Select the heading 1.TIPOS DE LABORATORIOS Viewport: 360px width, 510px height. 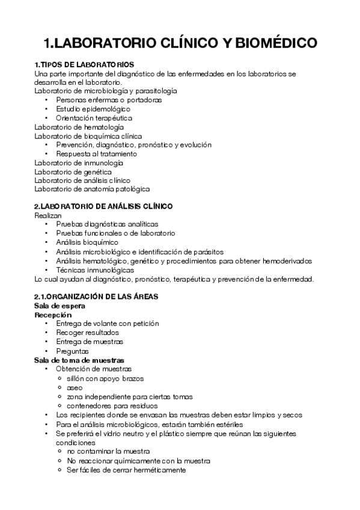tap(84, 64)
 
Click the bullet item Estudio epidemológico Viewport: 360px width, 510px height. tap(93, 109)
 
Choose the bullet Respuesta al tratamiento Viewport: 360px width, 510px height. tap(96, 154)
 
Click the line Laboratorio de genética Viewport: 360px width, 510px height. tap(73, 171)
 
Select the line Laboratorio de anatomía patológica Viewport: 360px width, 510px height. tap(92, 189)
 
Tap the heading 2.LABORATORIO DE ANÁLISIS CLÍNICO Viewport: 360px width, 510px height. tap(103, 206)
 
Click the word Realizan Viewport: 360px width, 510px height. tap(47, 215)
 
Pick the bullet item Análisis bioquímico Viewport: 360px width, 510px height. tap(87, 242)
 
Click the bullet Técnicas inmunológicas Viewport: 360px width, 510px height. tap(95, 270)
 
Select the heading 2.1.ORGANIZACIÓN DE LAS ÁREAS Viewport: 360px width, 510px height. tap(96, 296)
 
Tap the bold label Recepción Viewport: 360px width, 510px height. tap(53, 315)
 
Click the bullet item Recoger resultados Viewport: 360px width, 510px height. tap(88, 332)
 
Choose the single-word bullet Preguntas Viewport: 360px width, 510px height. tap(72, 351)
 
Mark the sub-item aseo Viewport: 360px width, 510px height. tap(75, 387)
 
